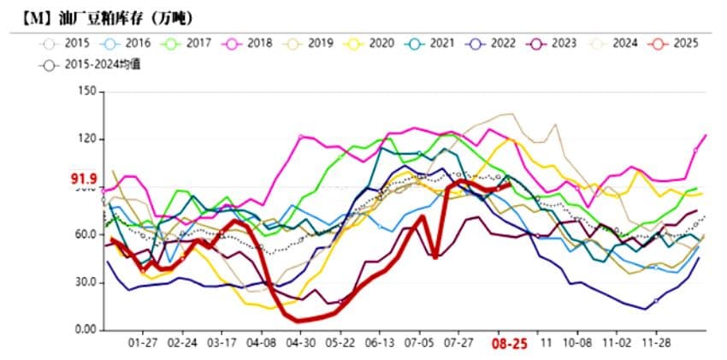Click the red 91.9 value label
(83, 178)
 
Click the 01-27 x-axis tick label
(142, 343)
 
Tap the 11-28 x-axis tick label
(656, 343)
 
